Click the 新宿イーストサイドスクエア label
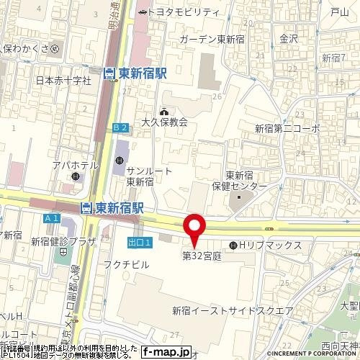[232, 310]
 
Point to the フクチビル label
[131, 264]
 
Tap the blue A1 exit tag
[50, 218]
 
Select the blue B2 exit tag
[120, 127]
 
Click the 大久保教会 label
[164, 122]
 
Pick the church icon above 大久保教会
[164, 111]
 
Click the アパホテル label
[75, 166]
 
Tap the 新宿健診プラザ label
[63, 243]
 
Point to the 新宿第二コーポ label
[287, 128]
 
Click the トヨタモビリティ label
[185, 12]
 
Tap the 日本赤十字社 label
[63, 81]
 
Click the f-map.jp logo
[166, 352]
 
